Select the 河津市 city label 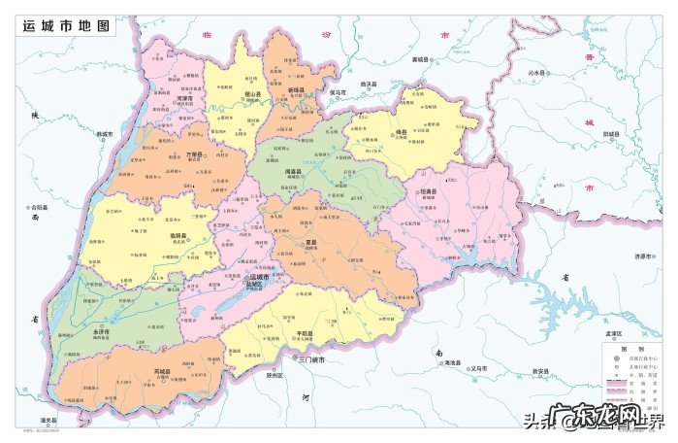coord(184,98)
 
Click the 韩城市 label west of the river coord(103,134)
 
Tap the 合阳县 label coord(39,206)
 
